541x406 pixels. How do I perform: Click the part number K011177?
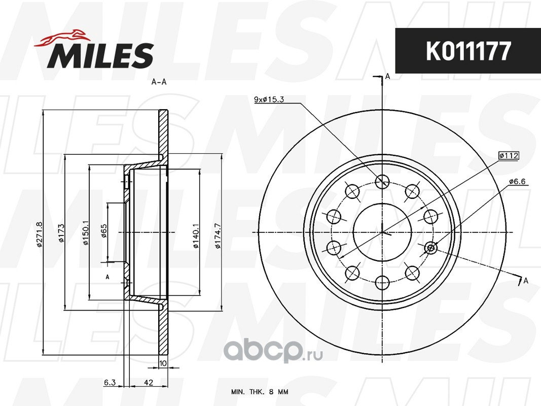click(x=468, y=51)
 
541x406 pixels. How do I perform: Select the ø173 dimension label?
click(x=61, y=233)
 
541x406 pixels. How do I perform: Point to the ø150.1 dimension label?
click(x=86, y=233)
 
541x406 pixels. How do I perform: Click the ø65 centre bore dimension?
click(x=104, y=231)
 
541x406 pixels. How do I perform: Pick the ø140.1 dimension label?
click(x=196, y=236)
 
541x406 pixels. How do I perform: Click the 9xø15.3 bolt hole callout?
click(x=269, y=99)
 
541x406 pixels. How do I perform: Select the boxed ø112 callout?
click(x=509, y=155)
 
